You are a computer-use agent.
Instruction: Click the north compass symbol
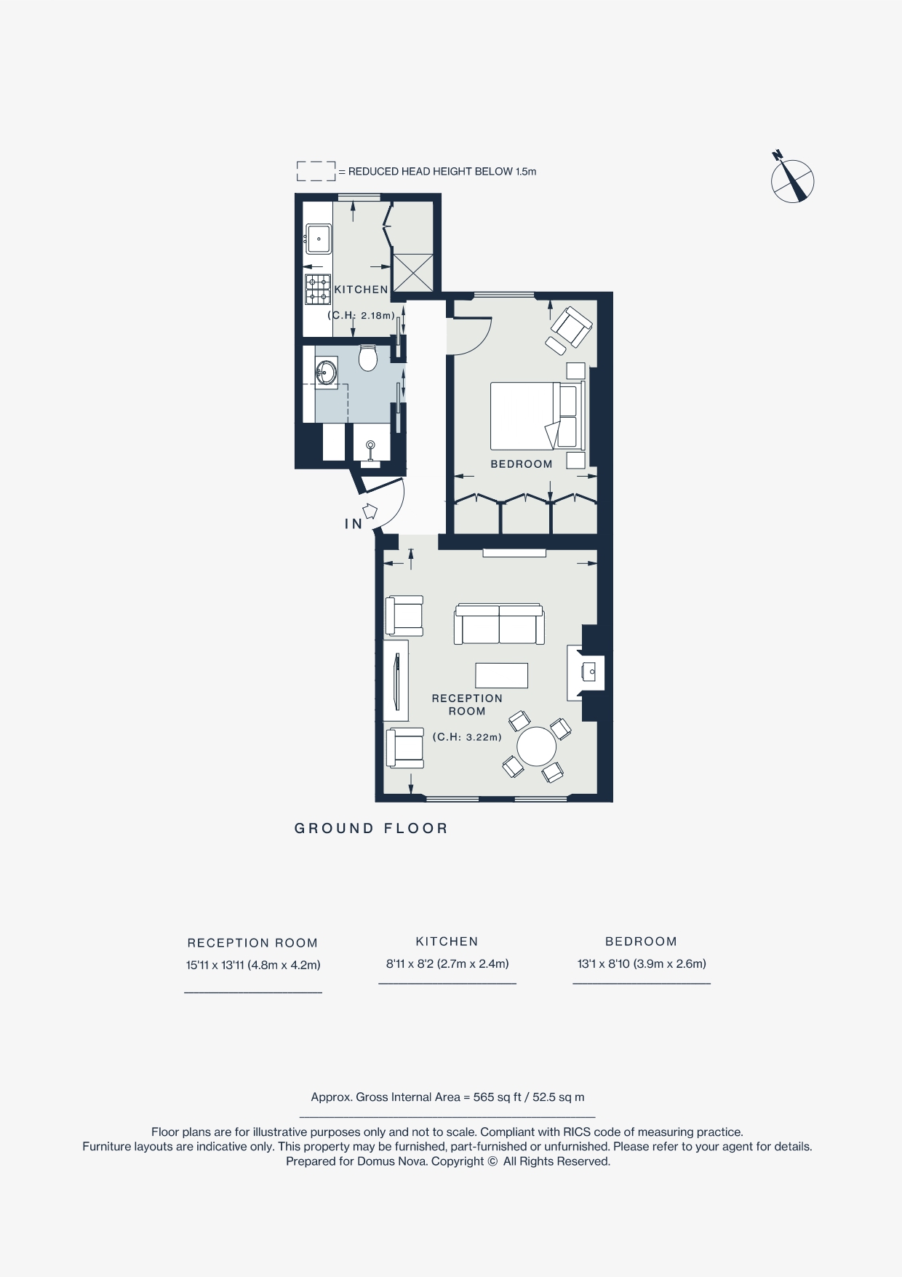792,178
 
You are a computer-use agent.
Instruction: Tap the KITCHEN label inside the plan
361,290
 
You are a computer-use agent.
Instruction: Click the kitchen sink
319,239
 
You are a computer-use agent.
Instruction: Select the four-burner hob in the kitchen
317,289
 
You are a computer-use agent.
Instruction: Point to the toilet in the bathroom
367,357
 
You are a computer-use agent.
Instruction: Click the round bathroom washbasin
327,373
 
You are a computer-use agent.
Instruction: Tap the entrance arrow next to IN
370,511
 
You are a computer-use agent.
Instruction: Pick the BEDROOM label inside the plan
522,464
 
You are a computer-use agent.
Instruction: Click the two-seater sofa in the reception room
499,624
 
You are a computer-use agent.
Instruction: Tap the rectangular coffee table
502,675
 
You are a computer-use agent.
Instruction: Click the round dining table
536,747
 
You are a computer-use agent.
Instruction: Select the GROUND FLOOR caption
371,828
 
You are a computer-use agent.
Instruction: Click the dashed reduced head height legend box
316,171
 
